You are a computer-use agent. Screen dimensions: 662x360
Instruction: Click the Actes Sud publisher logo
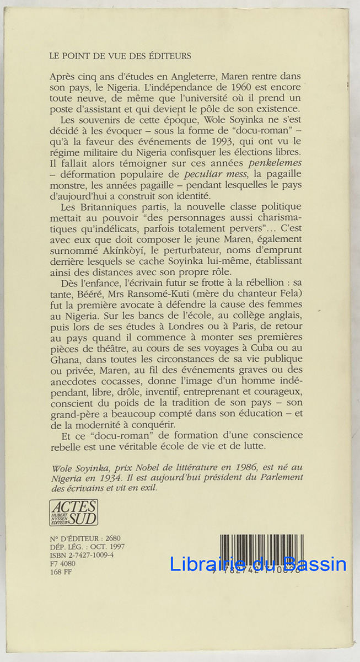(x=73, y=512)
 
